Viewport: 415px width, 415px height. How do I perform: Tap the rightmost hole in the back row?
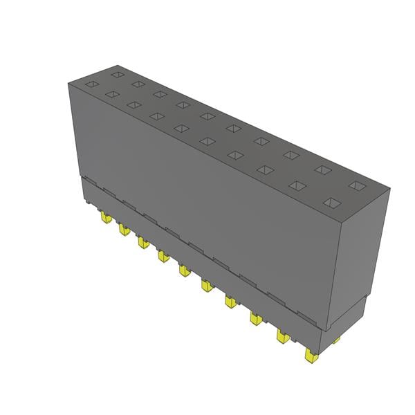(x=356, y=185)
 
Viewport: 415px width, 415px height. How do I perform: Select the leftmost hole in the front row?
(x=92, y=84)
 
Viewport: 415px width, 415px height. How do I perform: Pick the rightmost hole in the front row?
(x=332, y=203)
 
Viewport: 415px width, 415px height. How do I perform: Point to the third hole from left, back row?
(x=160, y=94)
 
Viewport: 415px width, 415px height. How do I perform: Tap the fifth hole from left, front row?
(x=181, y=127)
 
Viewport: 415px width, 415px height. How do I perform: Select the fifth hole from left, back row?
(x=208, y=116)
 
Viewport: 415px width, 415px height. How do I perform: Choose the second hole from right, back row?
(x=323, y=169)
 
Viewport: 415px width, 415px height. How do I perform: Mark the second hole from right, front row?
(x=297, y=185)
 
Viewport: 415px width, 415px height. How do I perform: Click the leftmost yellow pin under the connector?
(x=105, y=219)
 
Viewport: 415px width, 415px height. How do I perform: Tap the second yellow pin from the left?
(x=124, y=229)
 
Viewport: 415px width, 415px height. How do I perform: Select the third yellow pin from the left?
(x=142, y=242)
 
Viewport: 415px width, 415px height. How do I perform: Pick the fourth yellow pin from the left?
(x=163, y=256)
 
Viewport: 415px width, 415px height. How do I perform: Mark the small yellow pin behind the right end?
(x=335, y=340)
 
